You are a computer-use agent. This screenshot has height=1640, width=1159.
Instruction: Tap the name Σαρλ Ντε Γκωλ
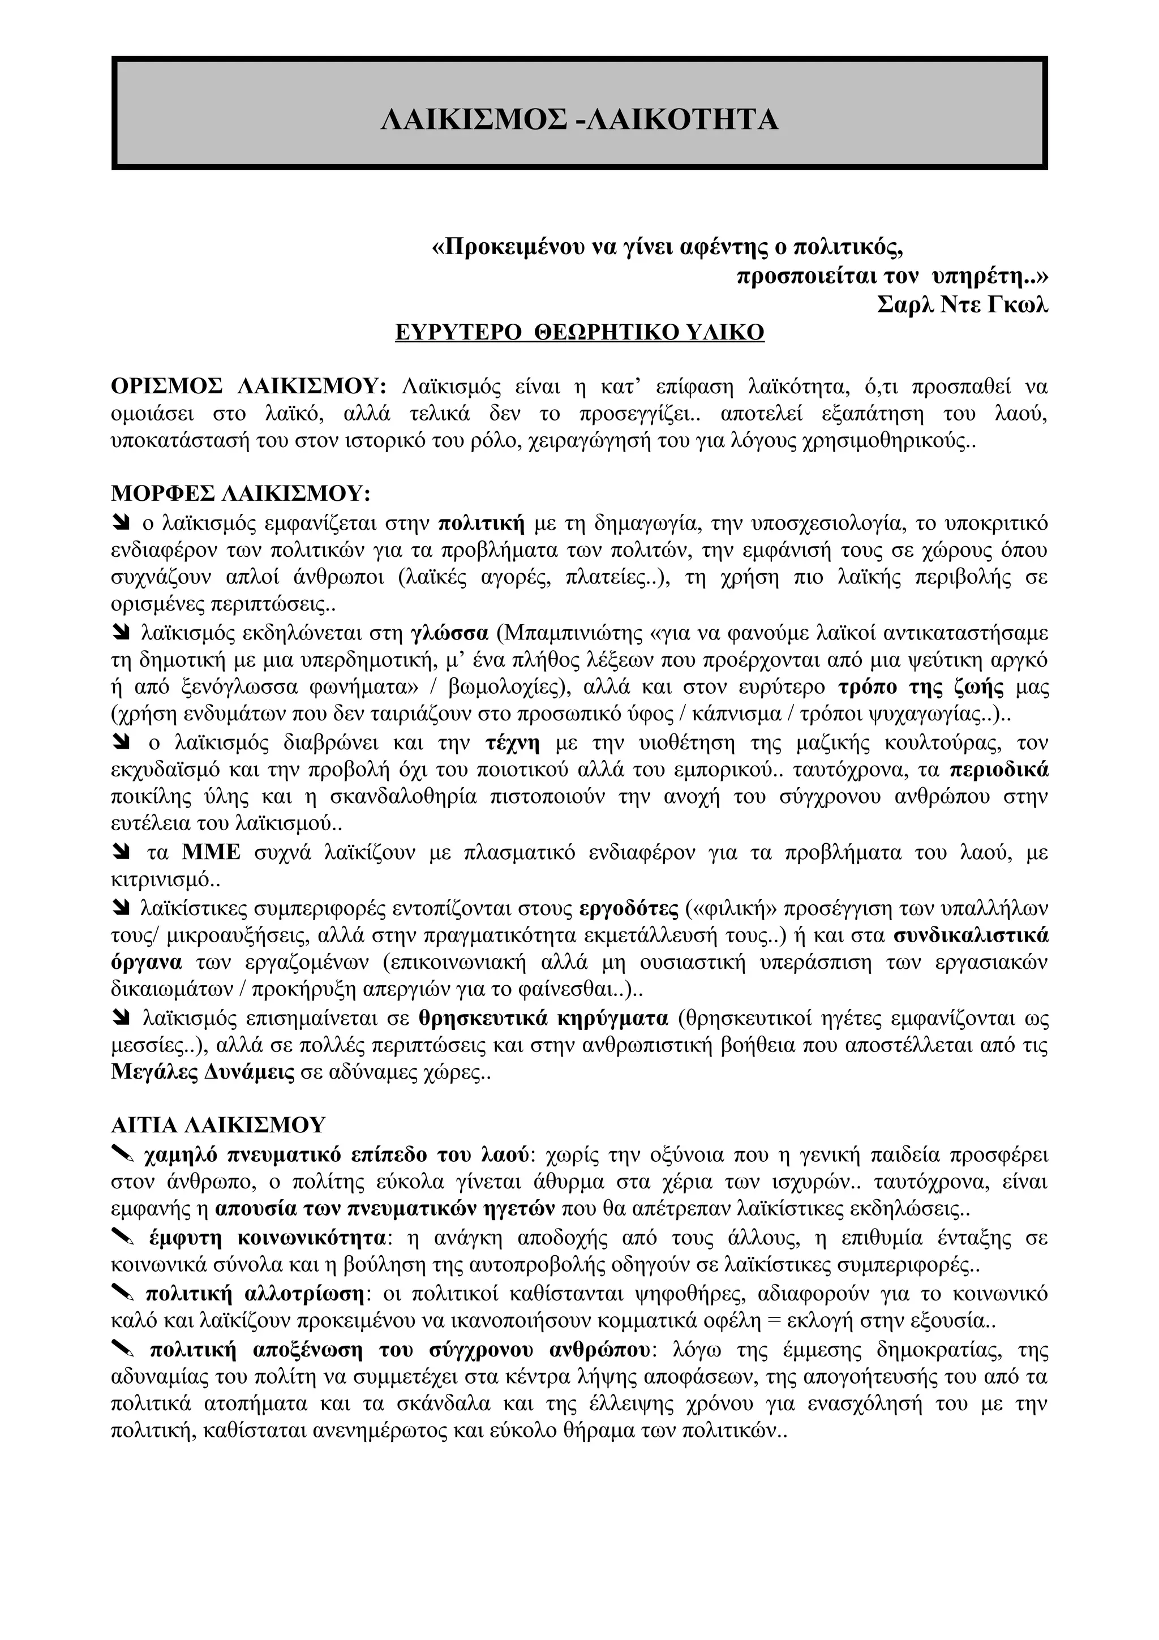[962, 304]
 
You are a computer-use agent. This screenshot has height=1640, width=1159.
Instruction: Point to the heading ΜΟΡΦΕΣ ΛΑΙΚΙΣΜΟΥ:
[242, 493]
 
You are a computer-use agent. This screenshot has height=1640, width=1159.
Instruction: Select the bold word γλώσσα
[450, 633]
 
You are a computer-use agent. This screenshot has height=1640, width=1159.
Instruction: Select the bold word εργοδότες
[628, 909]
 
